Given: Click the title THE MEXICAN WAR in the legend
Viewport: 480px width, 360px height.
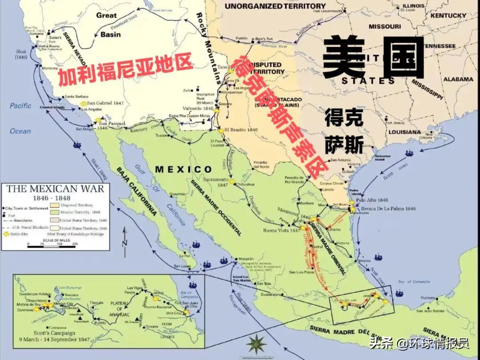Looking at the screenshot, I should click(55, 188).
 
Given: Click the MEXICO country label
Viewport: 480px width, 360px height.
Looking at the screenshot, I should click(184, 169).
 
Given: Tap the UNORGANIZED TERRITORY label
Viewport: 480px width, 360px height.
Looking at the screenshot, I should click(275, 6).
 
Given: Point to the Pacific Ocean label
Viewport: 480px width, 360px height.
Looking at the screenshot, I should click(21, 118).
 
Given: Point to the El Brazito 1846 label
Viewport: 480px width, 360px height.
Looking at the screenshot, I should click(241, 130).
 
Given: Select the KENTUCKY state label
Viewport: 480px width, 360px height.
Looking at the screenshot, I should click(448, 15).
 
